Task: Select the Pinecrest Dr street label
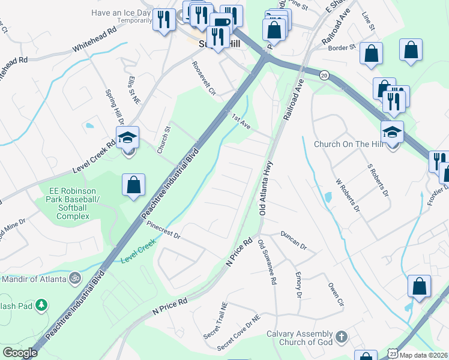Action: (x=163, y=231)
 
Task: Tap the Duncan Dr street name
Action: (x=293, y=240)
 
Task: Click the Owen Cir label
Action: (x=334, y=294)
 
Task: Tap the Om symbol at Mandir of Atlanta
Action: (x=74, y=278)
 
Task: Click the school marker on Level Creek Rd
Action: (x=128, y=139)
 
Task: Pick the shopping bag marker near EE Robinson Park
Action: (x=133, y=185)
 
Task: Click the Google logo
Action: (x=20, y=353)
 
